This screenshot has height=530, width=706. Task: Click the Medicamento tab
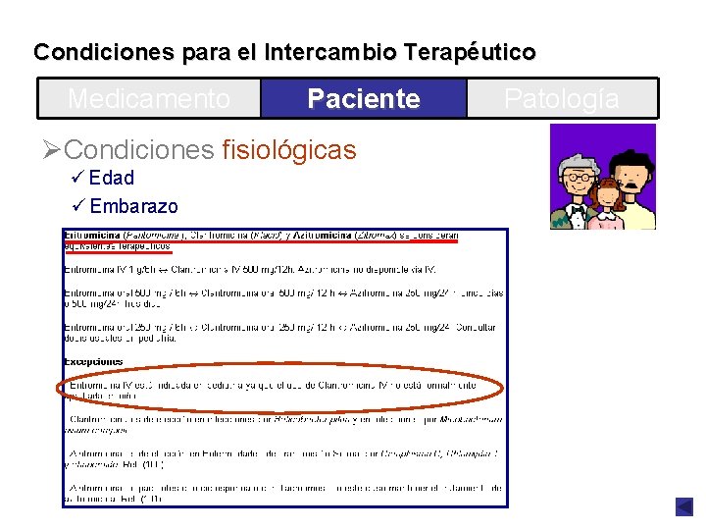pos(149,99)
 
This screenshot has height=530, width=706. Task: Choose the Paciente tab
pos(363,99)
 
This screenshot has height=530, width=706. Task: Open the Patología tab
pos(561,99)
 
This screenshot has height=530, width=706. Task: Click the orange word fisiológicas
pos(289,150)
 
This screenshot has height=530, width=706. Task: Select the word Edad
pos(111,179)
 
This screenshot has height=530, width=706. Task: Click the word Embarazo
pos(133,206)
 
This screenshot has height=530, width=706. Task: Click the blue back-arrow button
pos(683,506)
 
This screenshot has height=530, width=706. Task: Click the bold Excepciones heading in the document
pos(93,361)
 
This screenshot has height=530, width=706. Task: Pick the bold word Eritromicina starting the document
pos(91,236)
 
